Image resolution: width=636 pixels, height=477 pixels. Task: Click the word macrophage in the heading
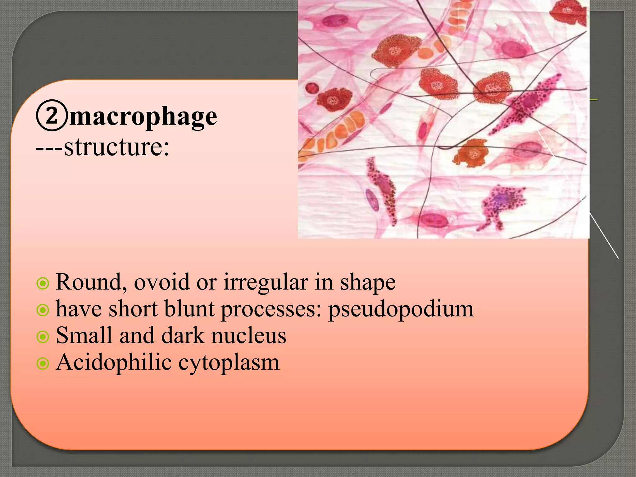(x=143, y=117)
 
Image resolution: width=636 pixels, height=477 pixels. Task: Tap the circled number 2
(x=52, y=115)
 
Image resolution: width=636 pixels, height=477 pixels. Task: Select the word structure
(x=116, y=147)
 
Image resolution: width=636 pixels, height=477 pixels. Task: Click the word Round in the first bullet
(x=91, y=282)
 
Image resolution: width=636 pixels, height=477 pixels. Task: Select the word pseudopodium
(x=401, y=309)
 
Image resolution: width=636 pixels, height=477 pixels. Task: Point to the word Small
(x=84, y=336)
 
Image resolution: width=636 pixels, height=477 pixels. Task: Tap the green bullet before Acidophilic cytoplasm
(x=43, y=363)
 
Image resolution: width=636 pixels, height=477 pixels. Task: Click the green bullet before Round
(x=43, y=283)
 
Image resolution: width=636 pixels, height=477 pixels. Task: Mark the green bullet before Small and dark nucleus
(x=43, y=337)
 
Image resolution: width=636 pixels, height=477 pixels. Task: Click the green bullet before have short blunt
(x=43, y=310)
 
